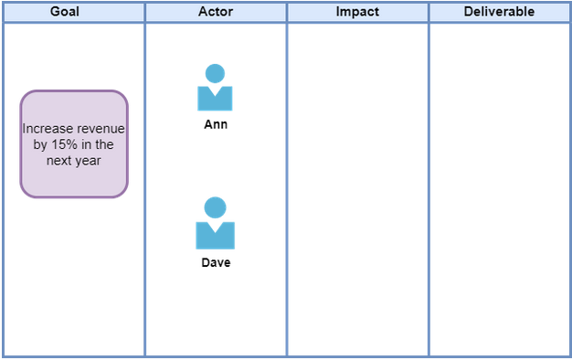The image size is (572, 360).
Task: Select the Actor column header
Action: [216, 12]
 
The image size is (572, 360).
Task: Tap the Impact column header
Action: [357, 12]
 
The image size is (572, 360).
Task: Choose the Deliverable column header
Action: [500, 12]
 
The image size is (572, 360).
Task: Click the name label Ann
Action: [216, 124]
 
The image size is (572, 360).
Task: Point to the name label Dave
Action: [216, 262]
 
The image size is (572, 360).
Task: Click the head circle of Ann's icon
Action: [215, 74]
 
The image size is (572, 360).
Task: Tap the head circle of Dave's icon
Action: [216, 207]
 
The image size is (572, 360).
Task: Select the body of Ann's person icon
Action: [215, 101]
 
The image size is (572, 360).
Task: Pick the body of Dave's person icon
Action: [216, 238]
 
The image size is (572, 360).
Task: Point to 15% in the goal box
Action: [64, 144]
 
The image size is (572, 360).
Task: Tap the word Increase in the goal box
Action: [48, 129]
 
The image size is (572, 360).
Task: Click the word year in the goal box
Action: [88, 161]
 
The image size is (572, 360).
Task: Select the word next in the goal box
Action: [58, 161]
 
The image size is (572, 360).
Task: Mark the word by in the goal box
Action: [40, 145]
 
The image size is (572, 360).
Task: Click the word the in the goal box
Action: [104, 144]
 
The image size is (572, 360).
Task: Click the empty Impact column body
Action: [357, 190]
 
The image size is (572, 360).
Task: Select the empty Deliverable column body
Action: [500, 190]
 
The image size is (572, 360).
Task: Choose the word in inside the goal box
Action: [87, 144]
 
